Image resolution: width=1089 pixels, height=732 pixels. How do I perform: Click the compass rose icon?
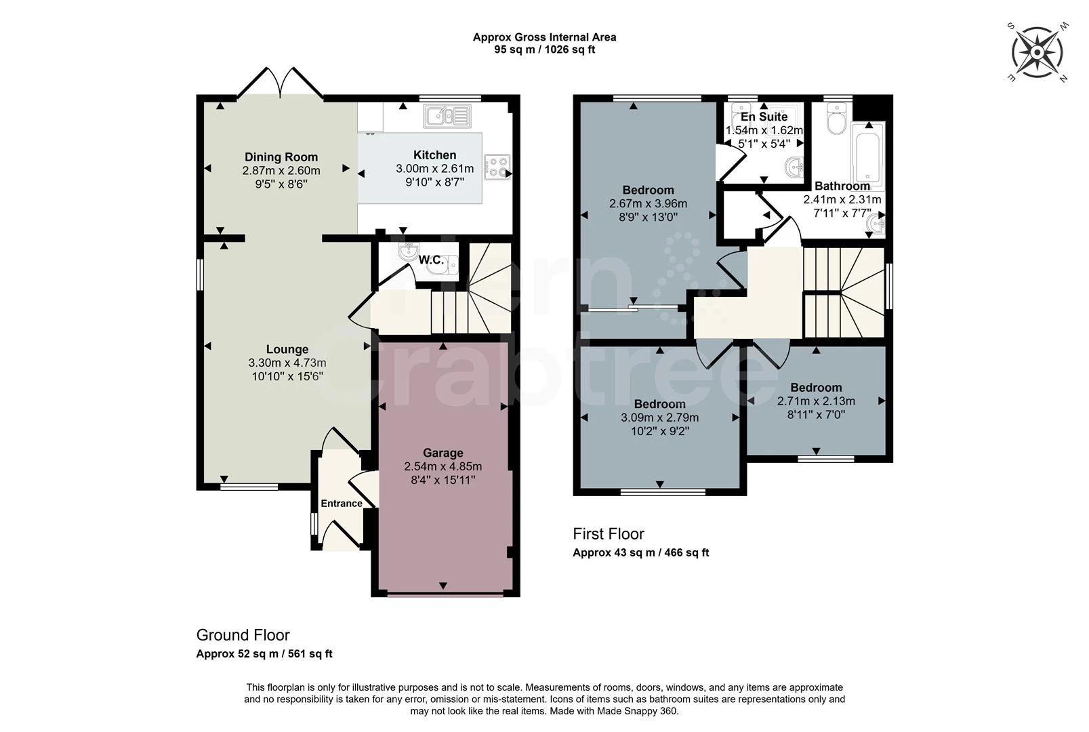(x=1037, y=52)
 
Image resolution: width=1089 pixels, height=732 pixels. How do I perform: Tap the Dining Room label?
(x=281, y=157)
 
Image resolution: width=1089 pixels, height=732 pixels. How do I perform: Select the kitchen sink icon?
(x=447, y=116)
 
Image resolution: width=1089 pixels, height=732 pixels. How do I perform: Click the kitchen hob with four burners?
(x=497, y=167)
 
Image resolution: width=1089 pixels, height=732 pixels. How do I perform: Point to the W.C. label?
(x=431, y=260)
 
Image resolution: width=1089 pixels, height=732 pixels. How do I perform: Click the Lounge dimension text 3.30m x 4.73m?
(x=287, y=363)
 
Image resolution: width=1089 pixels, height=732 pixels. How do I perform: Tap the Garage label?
(x=443, y=453)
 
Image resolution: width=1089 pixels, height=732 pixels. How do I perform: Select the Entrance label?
(x=342, y=504)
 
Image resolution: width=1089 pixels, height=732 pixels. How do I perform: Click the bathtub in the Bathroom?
(x=867, y=156)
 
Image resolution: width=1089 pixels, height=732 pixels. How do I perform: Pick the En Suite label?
(x=764, y=117)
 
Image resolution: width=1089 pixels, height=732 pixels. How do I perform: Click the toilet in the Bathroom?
(x=835, y=123)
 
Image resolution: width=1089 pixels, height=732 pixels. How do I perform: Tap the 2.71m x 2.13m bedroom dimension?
(x=816, y=401)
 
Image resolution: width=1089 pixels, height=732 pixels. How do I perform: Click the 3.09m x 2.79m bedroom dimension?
(x=659, y=418)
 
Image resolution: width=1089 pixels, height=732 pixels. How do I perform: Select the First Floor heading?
(x=609, y=534)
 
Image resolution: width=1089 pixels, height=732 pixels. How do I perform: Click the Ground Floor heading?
(x=243, y=635)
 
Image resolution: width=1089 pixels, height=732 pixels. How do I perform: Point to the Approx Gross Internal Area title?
(x=544, y=37)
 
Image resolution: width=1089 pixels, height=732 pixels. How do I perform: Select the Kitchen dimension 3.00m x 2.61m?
(x=435, y=169)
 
